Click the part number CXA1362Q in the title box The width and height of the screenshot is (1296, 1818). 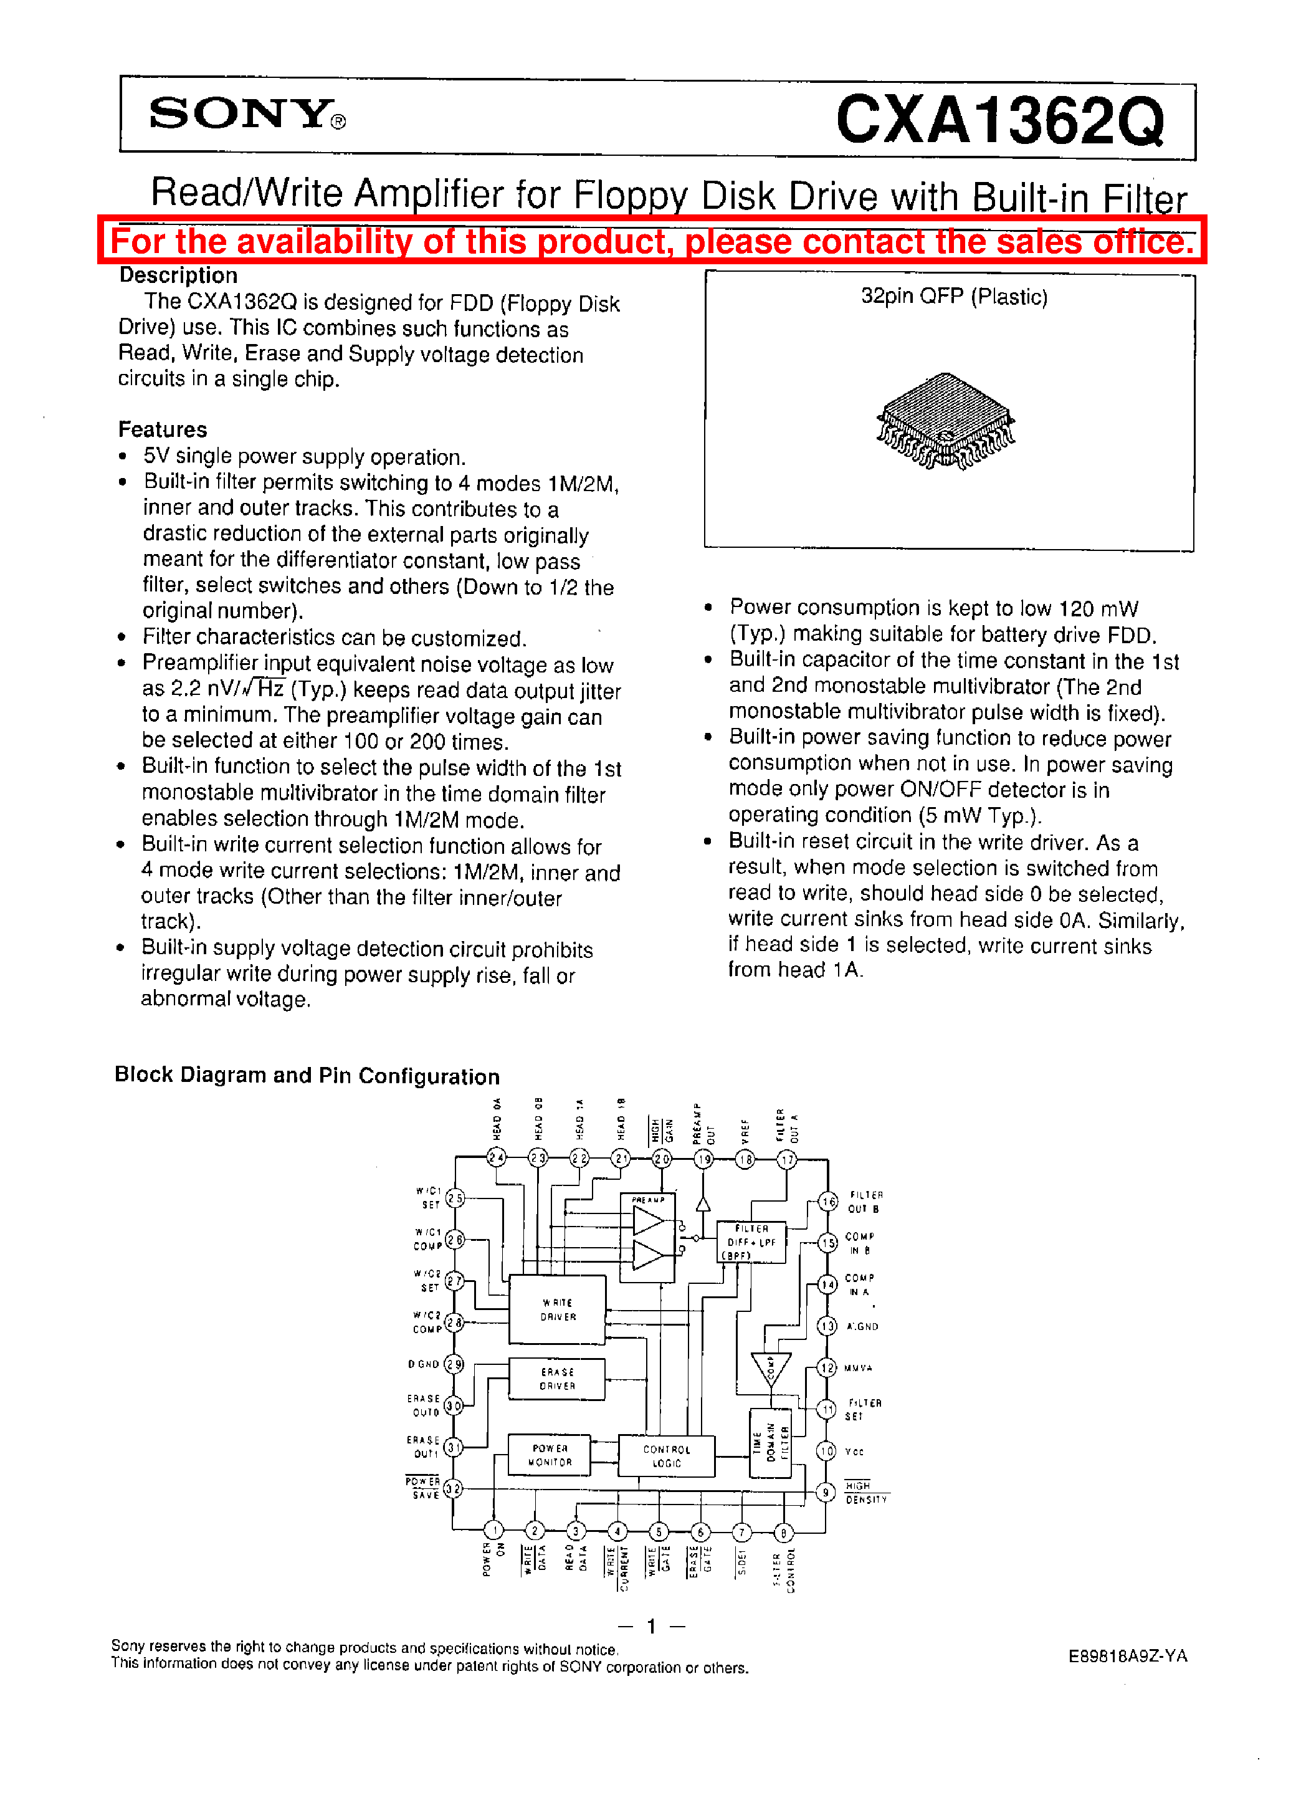pos(999,120)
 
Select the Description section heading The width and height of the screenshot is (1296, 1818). pos(178,275)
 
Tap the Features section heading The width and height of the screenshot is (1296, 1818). pos(162,429)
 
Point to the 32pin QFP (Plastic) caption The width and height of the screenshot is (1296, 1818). pos(954,297)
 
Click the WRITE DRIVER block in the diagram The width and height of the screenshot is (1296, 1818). pos(557,1309)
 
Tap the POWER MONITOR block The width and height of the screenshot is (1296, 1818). pos(550,1455)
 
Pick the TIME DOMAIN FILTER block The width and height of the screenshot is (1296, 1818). pos(770,1443)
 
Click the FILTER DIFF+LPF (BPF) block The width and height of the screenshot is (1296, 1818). pos(751,1242)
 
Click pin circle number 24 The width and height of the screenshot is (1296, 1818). pos(497,1157)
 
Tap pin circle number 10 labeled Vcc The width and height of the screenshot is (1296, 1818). pos(827,1451)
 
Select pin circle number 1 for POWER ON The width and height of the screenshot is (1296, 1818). pos(494,1530)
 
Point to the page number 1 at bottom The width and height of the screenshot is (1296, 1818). pos(651,1625)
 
